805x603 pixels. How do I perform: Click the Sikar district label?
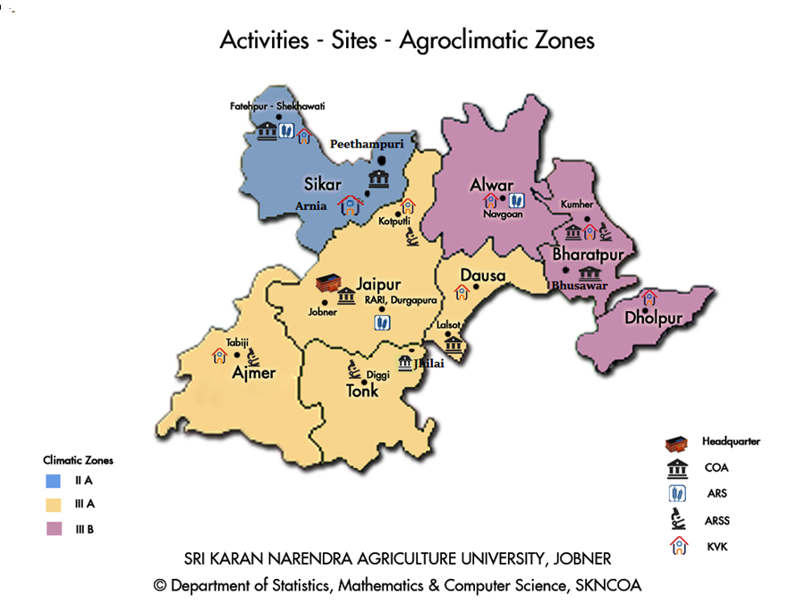pos(323,184)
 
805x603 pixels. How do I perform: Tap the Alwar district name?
pos(492,185)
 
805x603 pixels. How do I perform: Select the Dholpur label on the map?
pos(654,319)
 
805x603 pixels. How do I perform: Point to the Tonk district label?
pos(362,391)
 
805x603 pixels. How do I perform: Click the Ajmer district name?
pos(253,373)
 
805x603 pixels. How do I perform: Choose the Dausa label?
pos(483,276)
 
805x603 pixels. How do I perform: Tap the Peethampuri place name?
pos(368,143)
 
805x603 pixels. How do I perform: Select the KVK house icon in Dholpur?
pos(648,297)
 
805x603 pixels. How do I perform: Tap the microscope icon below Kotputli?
pos(412,237)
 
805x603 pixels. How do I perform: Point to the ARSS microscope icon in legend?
pos(679,518)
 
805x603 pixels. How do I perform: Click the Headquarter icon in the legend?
pos(679,442)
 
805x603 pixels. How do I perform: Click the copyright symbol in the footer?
pos(160,585)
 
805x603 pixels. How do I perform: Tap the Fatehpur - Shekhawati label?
pos(277,105)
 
